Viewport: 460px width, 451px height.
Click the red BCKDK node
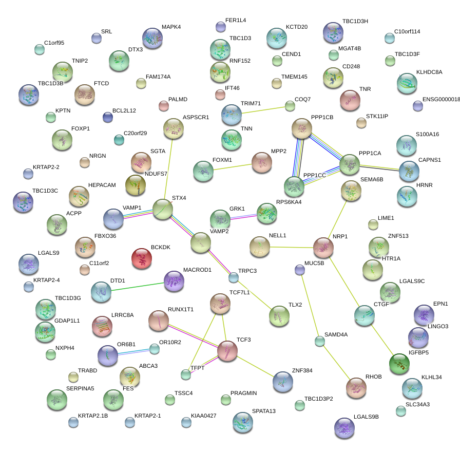coord(142,259)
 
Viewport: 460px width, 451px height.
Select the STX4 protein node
coord(163,209)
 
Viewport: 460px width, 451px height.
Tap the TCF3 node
coord(227,350)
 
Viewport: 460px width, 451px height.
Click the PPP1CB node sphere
coord(302,128)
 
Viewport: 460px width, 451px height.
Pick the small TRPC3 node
coord(234,278)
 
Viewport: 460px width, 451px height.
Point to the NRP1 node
coord(323,248)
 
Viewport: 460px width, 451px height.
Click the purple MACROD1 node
coord(174,280)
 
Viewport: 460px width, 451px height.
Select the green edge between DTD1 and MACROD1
coord(138,286)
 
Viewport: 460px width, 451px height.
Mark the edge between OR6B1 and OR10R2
coord(132,352)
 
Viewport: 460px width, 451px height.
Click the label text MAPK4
coord(171,27)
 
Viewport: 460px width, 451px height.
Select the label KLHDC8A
coord(429,72)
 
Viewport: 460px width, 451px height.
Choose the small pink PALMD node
coord(164,106)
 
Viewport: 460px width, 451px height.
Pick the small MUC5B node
coord(300,270)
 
